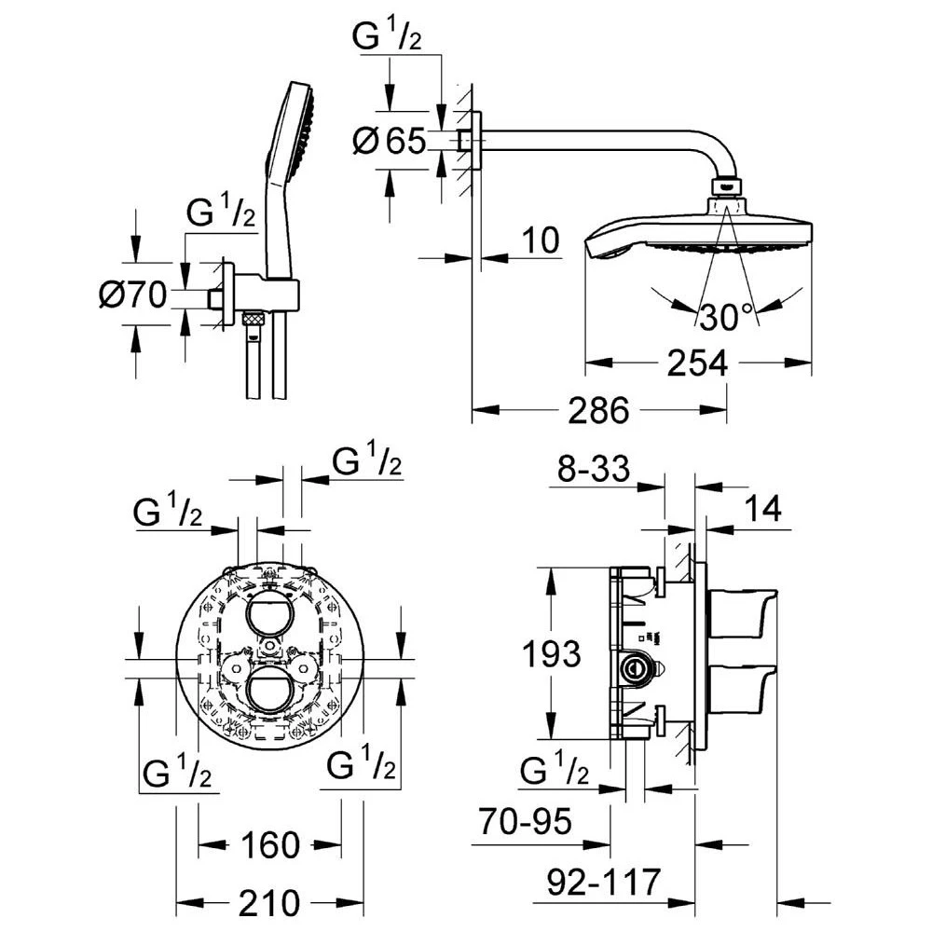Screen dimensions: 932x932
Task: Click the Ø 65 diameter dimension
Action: point(390,141)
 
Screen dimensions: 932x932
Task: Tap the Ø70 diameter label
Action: point(132,295)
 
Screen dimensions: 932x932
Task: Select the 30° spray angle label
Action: point(726,317)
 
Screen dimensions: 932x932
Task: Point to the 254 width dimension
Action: point(697,363)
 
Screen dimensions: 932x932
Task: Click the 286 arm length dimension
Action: point(598,410)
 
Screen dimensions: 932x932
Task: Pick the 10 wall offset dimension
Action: point(541,240)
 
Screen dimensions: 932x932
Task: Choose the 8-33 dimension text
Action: point(593,469)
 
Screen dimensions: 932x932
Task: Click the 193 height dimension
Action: point(551,654)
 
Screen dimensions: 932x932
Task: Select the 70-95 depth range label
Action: point(526,821)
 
